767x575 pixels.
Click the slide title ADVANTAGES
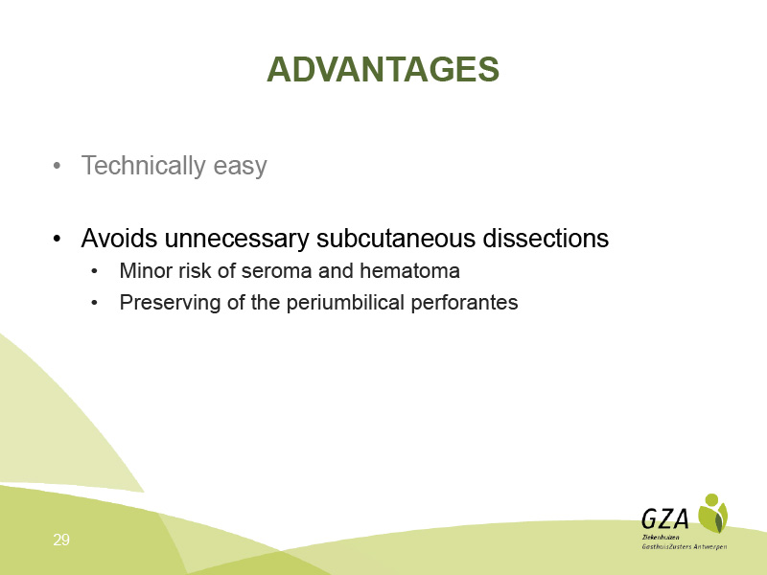click(x=383, y=69)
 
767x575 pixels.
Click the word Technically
click(x=143, y=166)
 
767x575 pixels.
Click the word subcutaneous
click(x=396, y=238)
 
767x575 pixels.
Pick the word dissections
click(x=546, y=238)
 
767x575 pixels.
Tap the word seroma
click(x=276, y=272)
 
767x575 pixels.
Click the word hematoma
click(x=409, y=270)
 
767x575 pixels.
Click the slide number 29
click(x=61, y=540)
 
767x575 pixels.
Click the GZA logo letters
click(x=665, y=518)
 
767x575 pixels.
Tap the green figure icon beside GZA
click(x=712, y=514)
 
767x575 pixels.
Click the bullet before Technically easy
click(x=57, y=166)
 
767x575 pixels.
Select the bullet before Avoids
click(x=57, y=239)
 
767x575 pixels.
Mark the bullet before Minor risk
click(x=94, y=272)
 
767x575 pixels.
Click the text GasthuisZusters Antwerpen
click(x=685, y=546)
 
